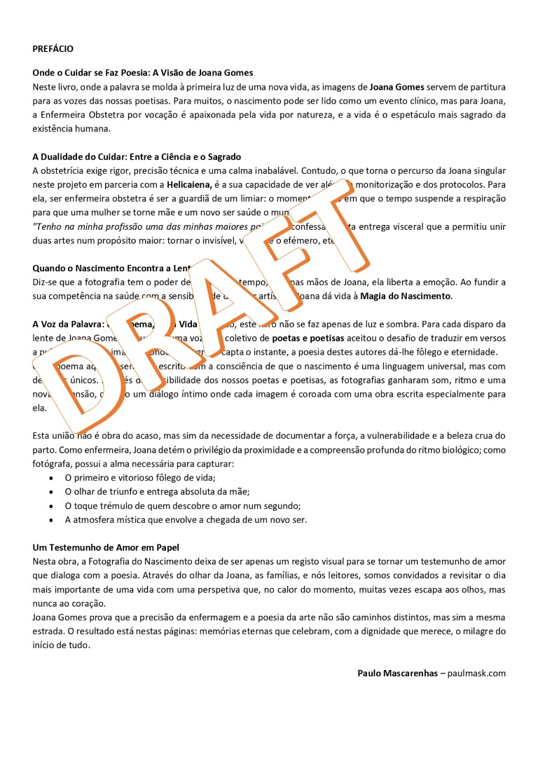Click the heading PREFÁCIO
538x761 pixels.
coord(53,49)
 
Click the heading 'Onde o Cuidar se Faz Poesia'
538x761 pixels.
coord(143,73)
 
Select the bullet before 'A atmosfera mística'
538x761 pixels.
coord(51,520)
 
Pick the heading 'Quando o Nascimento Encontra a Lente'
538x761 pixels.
coord(112,268)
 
